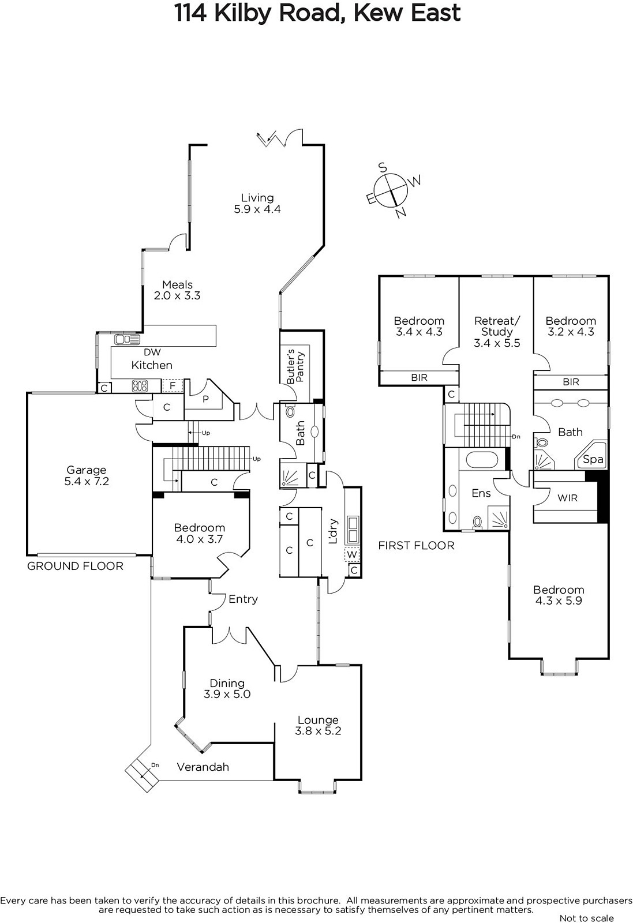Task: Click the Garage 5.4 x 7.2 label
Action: (87, 475)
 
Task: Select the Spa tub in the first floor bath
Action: (590, 456)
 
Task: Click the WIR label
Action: (567, 498)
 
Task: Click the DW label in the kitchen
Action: (152, 352)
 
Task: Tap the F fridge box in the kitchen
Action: (173, 386)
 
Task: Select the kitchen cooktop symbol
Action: (140, 386)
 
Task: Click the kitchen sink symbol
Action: (128, 340)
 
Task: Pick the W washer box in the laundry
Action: (351, 554)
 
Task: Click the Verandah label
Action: (203, 767)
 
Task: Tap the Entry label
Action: (243, 599)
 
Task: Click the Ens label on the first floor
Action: (481, 493)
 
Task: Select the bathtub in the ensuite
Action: (481, 459)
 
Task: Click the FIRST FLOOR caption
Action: (416, 546)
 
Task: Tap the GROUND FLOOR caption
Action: (75, 566)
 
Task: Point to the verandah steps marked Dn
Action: (143, 775)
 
